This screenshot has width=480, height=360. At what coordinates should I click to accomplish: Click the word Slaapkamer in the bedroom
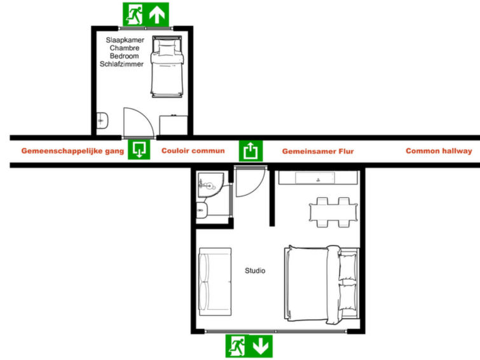point(125,40)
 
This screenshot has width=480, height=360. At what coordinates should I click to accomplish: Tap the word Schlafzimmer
point(121,64)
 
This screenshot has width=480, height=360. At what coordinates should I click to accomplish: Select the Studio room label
point(255,270)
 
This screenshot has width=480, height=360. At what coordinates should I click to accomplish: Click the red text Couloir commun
point(193,151)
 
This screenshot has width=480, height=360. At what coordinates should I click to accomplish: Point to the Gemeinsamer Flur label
point(318,151)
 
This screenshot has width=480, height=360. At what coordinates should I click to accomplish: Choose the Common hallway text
point(439,151)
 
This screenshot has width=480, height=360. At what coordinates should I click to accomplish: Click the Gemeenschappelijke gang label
point(72,151)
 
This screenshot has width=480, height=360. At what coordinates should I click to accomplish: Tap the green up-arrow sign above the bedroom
point(157,15)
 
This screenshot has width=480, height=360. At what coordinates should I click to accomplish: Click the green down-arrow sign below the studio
point(261,346)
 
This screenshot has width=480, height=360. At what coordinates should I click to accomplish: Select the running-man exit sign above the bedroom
point(134,15)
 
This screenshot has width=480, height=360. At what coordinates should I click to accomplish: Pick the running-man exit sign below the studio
point(237,346)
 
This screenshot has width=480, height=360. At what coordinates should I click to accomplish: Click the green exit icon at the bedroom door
point(139,149)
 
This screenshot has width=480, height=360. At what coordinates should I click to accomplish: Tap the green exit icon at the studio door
point(250,151)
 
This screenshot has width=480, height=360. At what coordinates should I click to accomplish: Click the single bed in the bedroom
point(167,67)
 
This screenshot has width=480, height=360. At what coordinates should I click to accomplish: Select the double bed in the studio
point(322,284)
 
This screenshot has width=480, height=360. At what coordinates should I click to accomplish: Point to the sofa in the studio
point(215,282)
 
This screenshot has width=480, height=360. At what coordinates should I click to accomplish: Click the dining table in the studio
point(333,212)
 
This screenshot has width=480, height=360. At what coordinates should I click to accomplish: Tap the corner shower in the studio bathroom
point(210,184)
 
